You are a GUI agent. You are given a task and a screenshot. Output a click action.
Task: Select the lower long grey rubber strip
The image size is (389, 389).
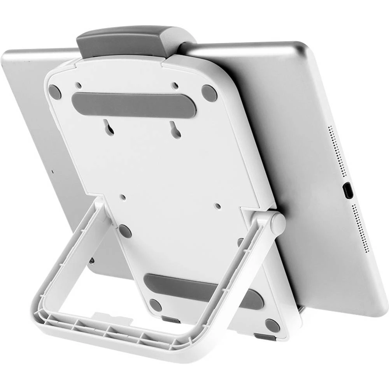[202, 290]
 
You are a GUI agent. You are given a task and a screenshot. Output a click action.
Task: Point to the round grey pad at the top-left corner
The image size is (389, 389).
[54, 92]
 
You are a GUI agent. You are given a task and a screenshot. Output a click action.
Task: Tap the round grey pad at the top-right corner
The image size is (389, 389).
[209, 93]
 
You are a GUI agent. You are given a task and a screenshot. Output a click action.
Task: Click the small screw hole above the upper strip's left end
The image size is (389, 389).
[79, 84]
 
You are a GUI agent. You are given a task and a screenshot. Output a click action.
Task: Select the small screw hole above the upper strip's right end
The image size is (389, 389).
[175, 85]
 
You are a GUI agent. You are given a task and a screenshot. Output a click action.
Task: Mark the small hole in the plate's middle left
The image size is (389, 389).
[123, 197]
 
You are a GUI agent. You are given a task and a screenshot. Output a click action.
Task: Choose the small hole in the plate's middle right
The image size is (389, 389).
[218, 205]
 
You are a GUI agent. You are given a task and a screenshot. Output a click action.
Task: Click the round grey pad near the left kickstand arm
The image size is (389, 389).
[124, 231]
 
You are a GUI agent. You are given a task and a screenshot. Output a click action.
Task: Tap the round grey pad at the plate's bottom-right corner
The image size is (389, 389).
[272, 325]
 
